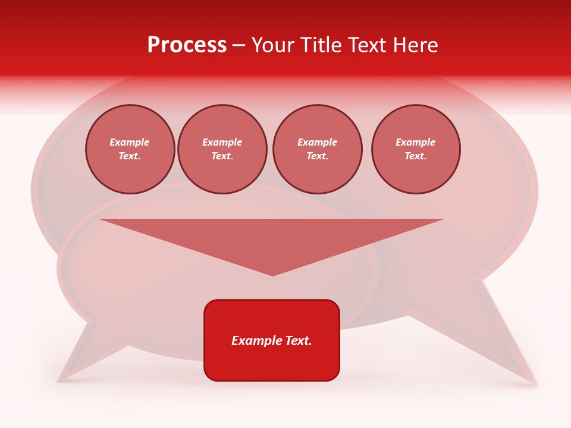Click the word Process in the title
click(187, 45)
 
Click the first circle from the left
click(130, 149)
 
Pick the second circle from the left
click(222, 149)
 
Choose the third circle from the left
click(318, 149)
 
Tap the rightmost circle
click(416, 149)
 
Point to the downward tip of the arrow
click(272, 275)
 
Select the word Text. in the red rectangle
click(298, 341)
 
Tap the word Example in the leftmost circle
click(130, 142)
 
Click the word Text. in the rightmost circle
click(415, 156)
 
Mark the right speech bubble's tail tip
click(538, 386)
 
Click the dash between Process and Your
click(239, 45)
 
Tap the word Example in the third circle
click(318, 142)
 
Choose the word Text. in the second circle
click(222, 156)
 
